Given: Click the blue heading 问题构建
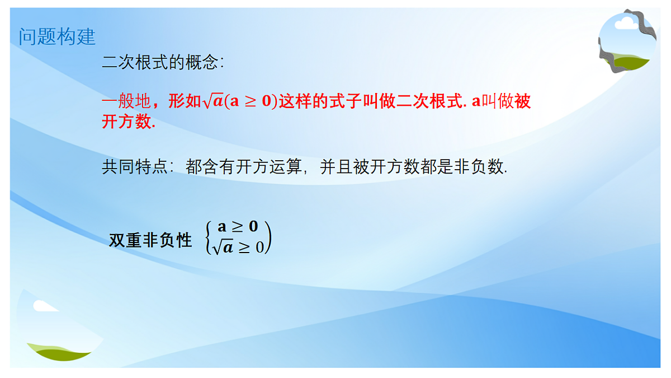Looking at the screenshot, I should [x=57, y=37].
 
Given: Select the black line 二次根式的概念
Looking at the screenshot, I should [x=163, y=62].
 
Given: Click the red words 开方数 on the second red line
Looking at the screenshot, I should [x=127, y=122].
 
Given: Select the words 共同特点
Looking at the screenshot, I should [x=135, y=166].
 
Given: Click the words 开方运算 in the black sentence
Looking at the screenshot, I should [x=269, y=166].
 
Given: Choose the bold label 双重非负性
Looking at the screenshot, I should [x=150, y=240].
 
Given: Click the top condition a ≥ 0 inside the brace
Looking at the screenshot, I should [x=238, y=227].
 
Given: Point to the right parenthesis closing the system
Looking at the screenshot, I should [x=268, y=237].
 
